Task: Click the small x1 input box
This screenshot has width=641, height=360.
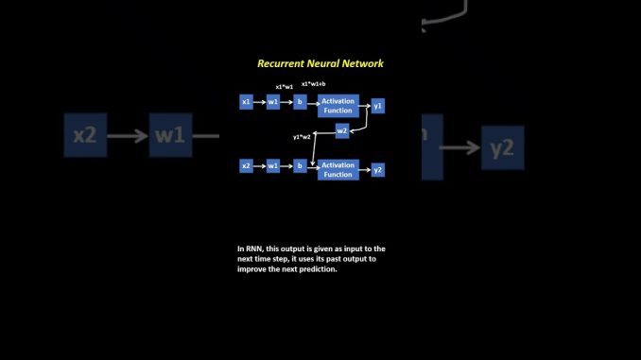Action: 246,101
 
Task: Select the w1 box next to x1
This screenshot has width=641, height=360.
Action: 273,101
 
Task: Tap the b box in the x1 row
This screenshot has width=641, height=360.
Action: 300,101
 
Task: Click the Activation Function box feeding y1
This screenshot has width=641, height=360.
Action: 338,105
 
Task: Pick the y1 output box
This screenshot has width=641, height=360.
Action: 378,106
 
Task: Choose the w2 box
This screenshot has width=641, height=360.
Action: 342,130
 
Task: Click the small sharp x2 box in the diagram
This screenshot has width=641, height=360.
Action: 246,166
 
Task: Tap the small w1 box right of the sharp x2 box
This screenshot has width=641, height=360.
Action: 273,166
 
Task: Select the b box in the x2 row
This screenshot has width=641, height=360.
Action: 300,166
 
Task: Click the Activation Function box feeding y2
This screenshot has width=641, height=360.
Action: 338,169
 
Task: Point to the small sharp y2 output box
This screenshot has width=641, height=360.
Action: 378,170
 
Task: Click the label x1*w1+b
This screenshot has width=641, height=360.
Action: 313,85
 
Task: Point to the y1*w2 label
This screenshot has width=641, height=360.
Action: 302,137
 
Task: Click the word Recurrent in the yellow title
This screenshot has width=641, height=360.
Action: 281,63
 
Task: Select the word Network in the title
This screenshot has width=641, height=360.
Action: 365,63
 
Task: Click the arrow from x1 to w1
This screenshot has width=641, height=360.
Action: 259,101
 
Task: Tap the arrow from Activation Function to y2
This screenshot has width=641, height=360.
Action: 364,170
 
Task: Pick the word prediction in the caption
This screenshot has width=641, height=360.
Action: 316,269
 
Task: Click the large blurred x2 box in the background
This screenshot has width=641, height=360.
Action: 85,136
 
